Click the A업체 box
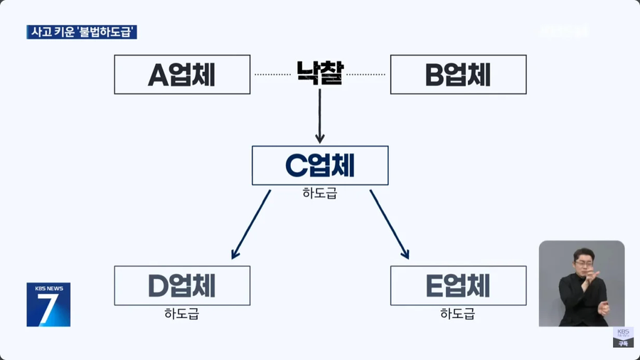(x=182, y=74)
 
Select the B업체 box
(x=459, y=74)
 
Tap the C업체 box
(x=320, y=165)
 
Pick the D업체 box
(x=182, y=285)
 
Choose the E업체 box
(x=459, y=285)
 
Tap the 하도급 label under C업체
(x=320, y=193)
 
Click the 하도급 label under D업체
(x=182, y=313)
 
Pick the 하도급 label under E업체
(x=458, y=313)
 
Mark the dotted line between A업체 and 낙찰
(x=273, y=74)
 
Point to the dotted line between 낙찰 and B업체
(x=366, y=74)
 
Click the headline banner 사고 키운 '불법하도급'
(x=82, y=32)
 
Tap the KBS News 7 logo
(x=48, y=305)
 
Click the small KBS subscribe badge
(x=622, y=337)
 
